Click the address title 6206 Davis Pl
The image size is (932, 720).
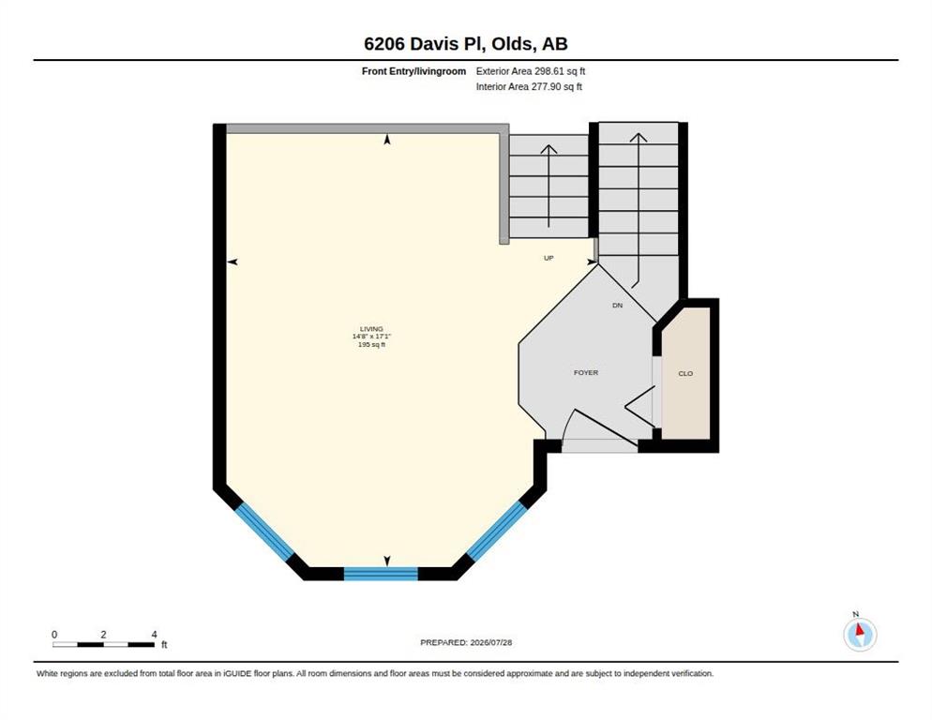(426, 43)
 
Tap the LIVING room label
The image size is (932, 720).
(371, 329)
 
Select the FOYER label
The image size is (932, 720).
(586, 373)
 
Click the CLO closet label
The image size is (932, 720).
(685, 373)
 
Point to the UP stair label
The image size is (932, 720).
(549, 258)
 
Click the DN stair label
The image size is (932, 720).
(618, 306)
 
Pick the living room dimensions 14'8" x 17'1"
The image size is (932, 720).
(371, 337)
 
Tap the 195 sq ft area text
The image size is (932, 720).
(371, 344)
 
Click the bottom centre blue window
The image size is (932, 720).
(381, 574)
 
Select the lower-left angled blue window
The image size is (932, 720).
(264, 532)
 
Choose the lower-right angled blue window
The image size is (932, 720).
(497, 531)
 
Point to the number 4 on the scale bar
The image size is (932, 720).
(154, 635)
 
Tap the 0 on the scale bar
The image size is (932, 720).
(54, 635)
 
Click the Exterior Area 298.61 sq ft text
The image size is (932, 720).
(530, 71)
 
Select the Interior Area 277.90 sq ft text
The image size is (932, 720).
(529, 87)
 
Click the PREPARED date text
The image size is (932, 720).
(466, 643)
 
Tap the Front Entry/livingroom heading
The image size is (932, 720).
(413, 71)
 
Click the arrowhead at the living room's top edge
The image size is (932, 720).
(387, 140)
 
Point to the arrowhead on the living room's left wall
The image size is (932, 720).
(233, 262)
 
